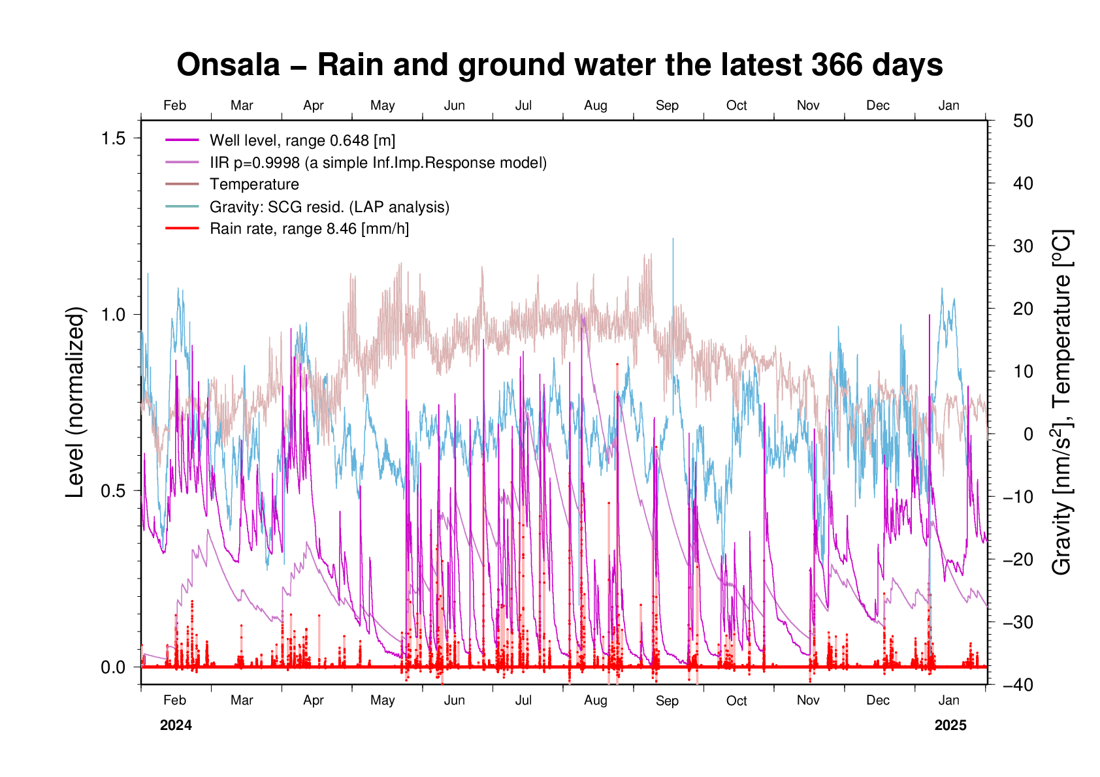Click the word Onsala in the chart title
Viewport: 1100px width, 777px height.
click(x=228, y=65)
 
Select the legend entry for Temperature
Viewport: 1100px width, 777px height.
click(x=254, y=185)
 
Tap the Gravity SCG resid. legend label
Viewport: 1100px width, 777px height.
click(x=329, y=208)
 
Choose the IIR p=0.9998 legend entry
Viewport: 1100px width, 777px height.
click(x=378, y=163)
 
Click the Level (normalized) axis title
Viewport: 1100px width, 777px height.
click(x=76, y=402)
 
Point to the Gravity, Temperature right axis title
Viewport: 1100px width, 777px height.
click(x=1062, y=402)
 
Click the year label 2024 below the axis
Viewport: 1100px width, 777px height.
click(x=176, y=725)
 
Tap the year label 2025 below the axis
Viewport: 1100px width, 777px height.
click(x=950, y=725)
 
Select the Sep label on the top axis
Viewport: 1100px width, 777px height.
click(x=667, y=106)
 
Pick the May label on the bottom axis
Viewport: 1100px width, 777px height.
click(x=382, y=701)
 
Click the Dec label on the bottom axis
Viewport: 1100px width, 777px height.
click(x=877, y=701)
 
